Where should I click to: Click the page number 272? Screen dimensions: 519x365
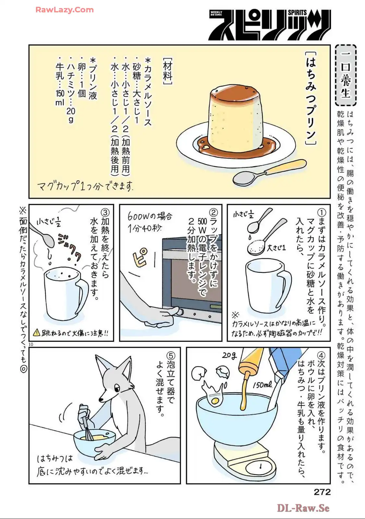coord(322,492)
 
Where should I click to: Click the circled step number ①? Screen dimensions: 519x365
coord(321,212)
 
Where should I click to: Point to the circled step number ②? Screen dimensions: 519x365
coord(213,213)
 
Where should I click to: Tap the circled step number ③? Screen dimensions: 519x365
coord(105,213)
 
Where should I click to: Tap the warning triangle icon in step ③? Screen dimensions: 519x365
coord(37,333)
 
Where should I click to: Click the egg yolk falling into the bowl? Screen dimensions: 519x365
coord(215,402)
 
